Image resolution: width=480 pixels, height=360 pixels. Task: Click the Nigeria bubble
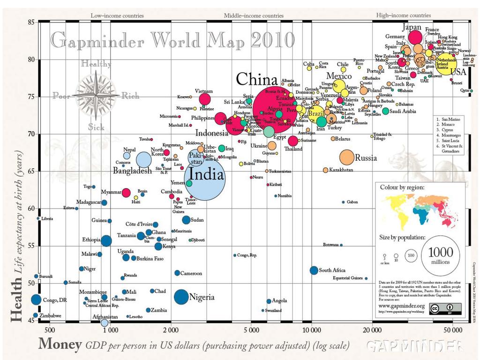[x=181, y=297]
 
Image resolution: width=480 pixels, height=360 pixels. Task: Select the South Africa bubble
[x=314, y=270]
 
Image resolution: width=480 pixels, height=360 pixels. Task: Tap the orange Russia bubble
[x=347, y=157]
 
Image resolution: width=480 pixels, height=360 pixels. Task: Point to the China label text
[x=257, y=79]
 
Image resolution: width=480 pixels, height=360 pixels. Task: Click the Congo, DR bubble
[x=36, y=300]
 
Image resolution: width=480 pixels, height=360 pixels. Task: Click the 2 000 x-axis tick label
[x=171, y=330]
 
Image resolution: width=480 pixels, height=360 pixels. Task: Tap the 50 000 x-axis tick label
[x=452, y=330]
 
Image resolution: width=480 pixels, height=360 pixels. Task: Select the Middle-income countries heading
[x=254, y=15]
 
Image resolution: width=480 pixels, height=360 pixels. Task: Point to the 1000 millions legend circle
[x=440, y=255]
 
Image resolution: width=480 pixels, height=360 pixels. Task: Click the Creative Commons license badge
[x=445, y=309]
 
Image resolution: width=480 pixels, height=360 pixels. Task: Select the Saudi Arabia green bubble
[x=385, y=111]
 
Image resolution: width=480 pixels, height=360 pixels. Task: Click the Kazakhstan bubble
[x=325, y=170]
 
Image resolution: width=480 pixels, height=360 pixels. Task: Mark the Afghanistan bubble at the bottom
[x=105, y=322]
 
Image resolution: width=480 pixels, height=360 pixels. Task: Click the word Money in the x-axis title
[x=60, y=345]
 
